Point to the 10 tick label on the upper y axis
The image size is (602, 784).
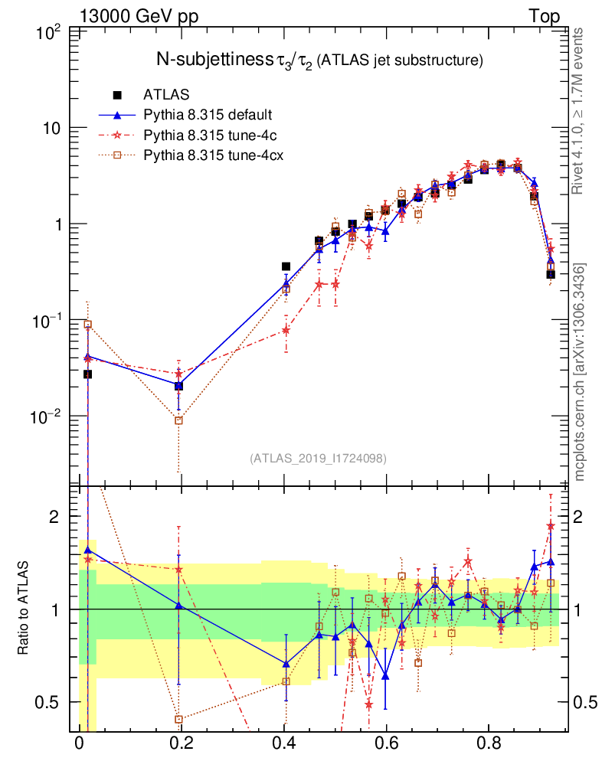coord(51,128)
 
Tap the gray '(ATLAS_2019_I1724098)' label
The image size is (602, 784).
coord(318,459)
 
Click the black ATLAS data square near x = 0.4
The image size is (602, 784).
coord(286,266)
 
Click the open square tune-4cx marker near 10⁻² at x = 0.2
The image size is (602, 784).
coord(178,420)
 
